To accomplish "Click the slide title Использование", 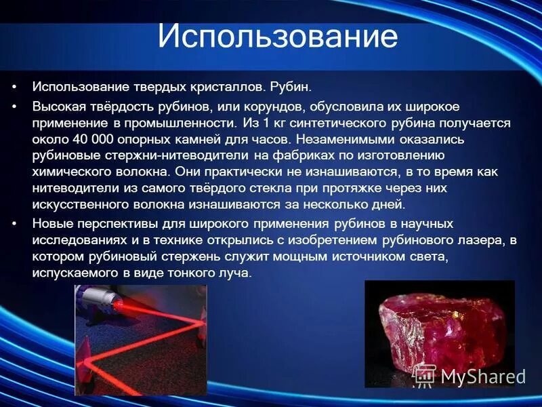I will [277, 37].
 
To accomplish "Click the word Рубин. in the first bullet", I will [291, 88].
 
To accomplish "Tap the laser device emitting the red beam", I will [102, 301].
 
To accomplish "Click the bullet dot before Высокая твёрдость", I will [14, 107].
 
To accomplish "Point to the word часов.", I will [275, 140].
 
